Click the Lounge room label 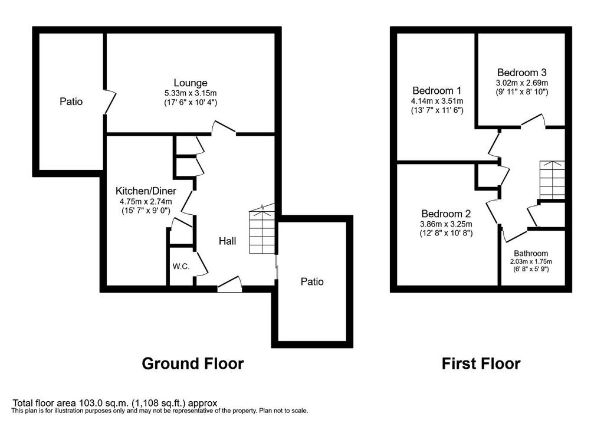coord(191,83)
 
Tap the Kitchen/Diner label coord(146,191)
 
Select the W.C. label coord(180,266)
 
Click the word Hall coord(227,241)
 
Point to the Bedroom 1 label coord(437,90)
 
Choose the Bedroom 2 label coord(446,214)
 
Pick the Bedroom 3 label coord(522,73)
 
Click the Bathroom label coord(531,254)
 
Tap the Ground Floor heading coord(193,363)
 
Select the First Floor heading coord(481,363)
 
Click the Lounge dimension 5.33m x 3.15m coord(191,93)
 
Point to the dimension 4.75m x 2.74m coord(146,201)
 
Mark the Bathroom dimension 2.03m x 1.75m coord(531,261)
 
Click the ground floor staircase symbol coord(262,229)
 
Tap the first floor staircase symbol coord(552,179)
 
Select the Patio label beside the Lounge coord(71,101)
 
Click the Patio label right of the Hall coord(312,281)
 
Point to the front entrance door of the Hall coord(229,284)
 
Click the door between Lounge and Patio coord(109,101)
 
